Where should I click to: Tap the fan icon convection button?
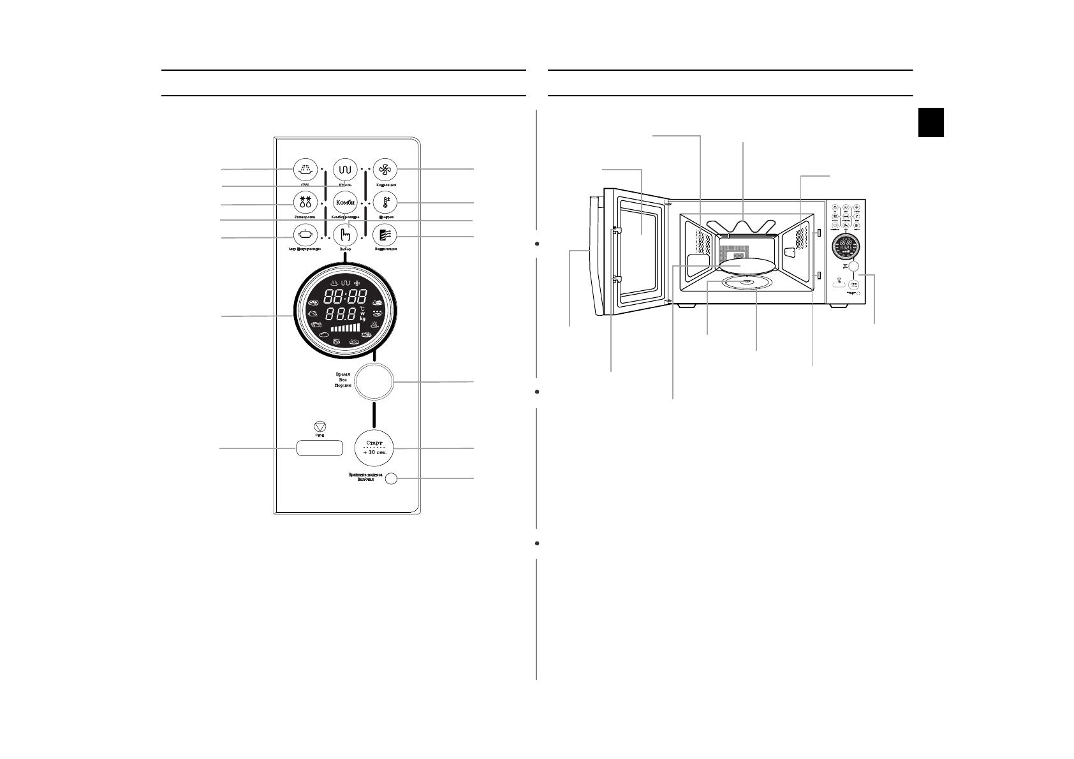[385, 170]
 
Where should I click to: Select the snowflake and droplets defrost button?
[305, 202]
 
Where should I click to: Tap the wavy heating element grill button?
[345, 170]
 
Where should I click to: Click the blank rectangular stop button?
[319, 448]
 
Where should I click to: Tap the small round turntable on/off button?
[392, 478]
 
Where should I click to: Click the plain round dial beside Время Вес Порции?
[374, 381]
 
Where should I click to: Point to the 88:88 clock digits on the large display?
[345, 296]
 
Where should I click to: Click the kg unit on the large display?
[362, 318]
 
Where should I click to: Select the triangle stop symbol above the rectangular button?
[320, 427]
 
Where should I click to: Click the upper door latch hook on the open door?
[617, 232]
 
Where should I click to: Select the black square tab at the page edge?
[931, 122]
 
